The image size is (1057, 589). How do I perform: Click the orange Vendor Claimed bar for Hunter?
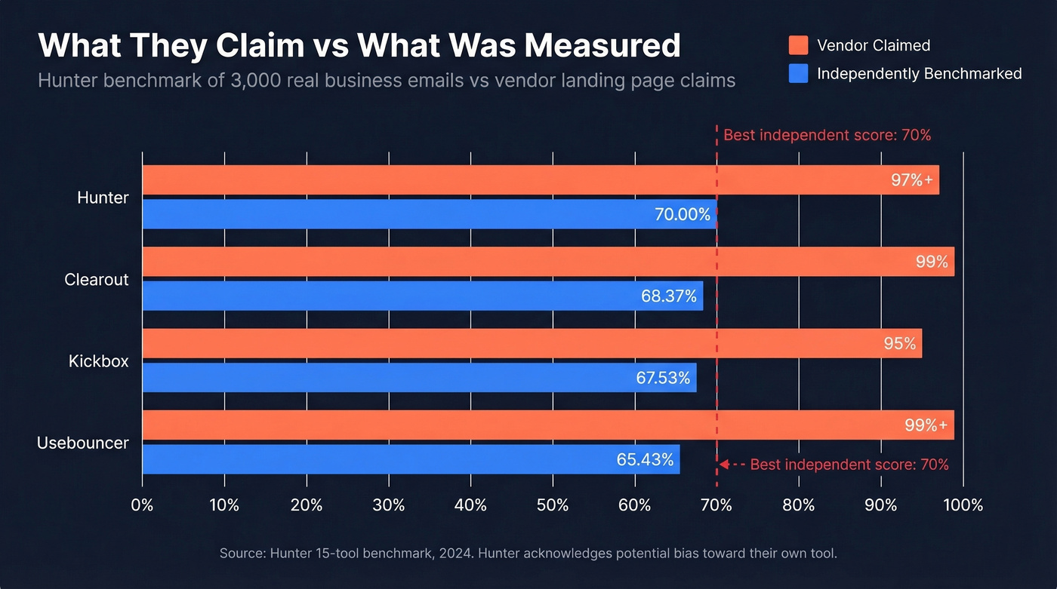(528, 180)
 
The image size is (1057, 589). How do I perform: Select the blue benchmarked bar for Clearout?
(423, 296)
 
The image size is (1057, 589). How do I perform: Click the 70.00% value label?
(683, 214)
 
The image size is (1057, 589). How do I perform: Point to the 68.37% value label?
(669, 296)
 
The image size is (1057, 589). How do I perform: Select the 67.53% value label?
(663, 378)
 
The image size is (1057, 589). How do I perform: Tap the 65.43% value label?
(645, 459)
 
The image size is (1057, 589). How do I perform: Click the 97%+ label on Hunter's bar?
(912, 180)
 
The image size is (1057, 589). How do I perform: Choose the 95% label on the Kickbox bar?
(900, 343)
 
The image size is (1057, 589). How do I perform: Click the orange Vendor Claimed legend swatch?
(798, 45)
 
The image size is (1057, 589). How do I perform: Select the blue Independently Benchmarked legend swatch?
(798, 73)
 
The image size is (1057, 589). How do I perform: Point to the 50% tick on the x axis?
(553, 505)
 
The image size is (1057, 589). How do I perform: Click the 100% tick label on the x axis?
(963, 505)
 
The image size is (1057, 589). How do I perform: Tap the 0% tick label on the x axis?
(142, 505)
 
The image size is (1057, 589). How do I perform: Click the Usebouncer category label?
(83, 443)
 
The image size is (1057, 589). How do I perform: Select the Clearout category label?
(97, 280)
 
